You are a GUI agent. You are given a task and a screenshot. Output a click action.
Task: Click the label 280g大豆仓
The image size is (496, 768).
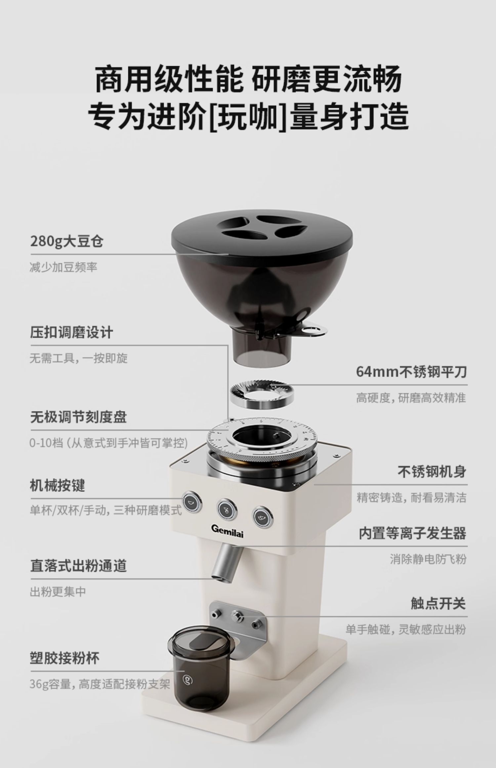point(67,241)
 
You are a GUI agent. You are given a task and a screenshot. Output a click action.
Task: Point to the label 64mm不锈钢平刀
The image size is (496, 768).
point(411,372)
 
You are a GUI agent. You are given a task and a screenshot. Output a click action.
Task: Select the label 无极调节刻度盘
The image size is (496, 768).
point(79,417)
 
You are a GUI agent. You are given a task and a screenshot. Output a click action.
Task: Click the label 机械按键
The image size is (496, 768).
point(58,486)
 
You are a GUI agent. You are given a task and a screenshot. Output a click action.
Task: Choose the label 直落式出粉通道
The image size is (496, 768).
point(79,566)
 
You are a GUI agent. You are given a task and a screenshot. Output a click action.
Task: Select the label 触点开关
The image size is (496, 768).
point(438,603)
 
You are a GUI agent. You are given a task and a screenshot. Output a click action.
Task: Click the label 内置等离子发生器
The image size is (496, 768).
point(412,533)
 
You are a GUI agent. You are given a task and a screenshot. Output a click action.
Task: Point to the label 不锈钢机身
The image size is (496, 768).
point(432,472)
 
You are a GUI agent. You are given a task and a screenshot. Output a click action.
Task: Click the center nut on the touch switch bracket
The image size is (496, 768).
point(237,616)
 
